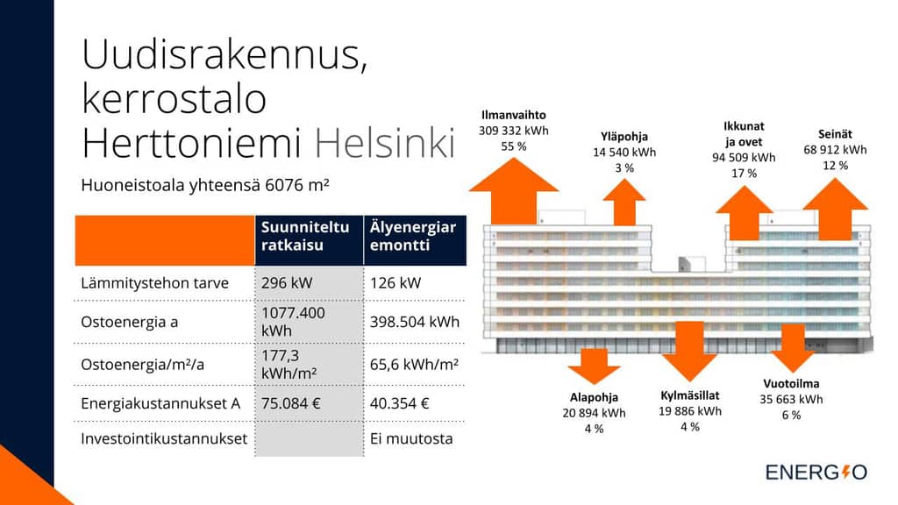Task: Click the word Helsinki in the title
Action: pos(385,143)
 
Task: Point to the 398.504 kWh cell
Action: pos(415,322)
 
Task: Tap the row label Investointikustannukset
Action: pos(164,438)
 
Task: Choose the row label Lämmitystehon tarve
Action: pos(154,283)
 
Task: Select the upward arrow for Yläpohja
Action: pos(624,203)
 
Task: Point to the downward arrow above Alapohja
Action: pos(594,366)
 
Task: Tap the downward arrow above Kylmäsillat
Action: pos(689,351)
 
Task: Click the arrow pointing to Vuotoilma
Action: pos(793,348)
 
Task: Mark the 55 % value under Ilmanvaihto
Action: pos(514,146)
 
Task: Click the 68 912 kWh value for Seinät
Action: pos(835,150)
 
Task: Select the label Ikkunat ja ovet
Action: pos(744,134)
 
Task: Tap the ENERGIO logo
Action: pos(816,473)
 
